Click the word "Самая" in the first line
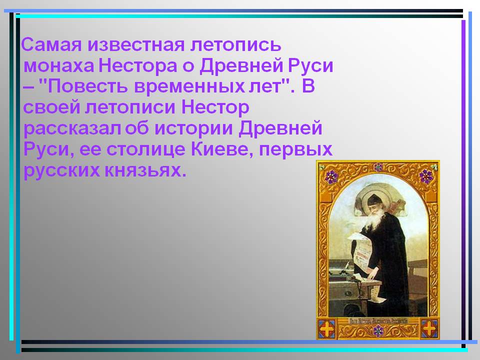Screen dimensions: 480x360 pyautogui.click(x=51, y=44)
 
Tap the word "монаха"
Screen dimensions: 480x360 pyautogui.click(x=58, y=65)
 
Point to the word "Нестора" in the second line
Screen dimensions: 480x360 pyautogui.click(x=138, y=65)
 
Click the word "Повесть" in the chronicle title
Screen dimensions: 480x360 pyautogui.click(x=87, y=86)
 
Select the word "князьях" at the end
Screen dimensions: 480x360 pyautogui.click(x=145, y=171)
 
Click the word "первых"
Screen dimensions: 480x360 pyautogui.click(x=295, y=150)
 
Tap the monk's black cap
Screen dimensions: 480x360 pyautogui.click(x=374, y=200)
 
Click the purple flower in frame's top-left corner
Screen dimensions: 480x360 pyautogui.click(x=331, y=176)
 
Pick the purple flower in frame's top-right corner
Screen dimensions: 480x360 pyautogui.click(x=425, y=175)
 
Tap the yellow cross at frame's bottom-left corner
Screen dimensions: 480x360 pyautogui.click(x=327, y=328)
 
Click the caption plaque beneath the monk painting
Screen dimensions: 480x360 pyautogui.click(x=378, y=321)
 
